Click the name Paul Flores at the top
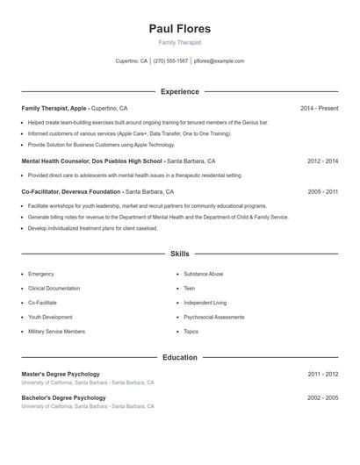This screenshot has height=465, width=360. pyautogui.click(x=179, y=28)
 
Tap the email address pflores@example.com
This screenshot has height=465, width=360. pyautogui.click(x=219, y=61)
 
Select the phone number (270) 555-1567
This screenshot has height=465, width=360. pyautogui.click(x=170, y=61)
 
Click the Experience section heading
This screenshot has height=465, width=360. pyautogui.click(x=179, y=91)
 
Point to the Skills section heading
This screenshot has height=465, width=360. pyautogui.click(x=179, y=254)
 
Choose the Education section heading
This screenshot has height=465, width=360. pyautogui.click(x=179, y=357)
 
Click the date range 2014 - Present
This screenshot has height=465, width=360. pyautogui.click(x=319, y=108)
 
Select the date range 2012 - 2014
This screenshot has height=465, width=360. pyautogui.click(x=322, y=161)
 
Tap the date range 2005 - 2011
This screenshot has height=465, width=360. pyautogui.click(x=322, y=191)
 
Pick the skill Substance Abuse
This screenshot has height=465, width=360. pyautogui.click(x=203, y=274)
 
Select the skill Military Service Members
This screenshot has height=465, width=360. pyautogui.click(x=56, y=332)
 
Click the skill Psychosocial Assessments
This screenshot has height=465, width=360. pyautogui.click(x=213, y=317)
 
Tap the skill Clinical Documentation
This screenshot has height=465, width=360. pyautogui.click(x=54, y=288)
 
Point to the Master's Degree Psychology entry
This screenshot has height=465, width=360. pyautogui.click(x=61, y=374)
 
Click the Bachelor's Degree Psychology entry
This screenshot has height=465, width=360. pyautogui.click(x=63, y=397)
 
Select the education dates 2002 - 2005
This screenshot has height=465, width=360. pyautogui.click(x=322, y=397)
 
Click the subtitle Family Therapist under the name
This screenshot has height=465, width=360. pyautogui.click(x=179, y=42)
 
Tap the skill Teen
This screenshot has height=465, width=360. pyautogui.click(x=189, y=288)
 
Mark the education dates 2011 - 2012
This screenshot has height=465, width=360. pyautogui.click(x=322, y=374)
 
